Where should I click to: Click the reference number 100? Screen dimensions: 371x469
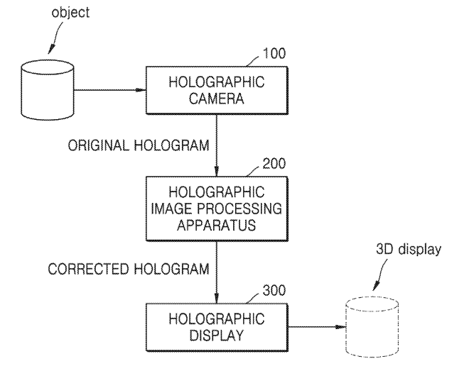coord(274,55)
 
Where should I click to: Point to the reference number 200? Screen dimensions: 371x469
coord(274,163)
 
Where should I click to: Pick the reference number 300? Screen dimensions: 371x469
coord(274,290)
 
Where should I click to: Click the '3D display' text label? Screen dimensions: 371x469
coord(408,249)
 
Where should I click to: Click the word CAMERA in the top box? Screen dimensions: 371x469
coord(216,99)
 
